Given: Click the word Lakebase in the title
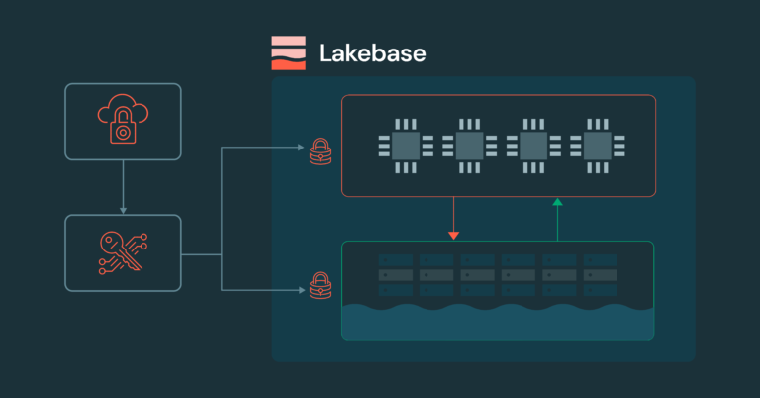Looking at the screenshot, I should point(372,52).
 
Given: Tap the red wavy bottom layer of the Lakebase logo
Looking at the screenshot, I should point(289,65).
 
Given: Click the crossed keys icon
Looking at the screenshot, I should point(123,252).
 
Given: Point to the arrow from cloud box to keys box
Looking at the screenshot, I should point(123,187).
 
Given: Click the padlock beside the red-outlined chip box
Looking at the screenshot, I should point(320,150).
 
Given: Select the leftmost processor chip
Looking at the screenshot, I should point(403,147).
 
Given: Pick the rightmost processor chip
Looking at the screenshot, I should point(596,147).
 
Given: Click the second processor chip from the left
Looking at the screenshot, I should point(467,147).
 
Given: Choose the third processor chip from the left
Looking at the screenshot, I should point(531,147).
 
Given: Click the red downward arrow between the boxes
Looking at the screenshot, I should point(453,220).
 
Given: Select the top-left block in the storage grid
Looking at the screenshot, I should point(395,259).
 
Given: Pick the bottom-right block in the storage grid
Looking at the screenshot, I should point(601,290).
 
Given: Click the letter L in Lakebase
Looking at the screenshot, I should point(326,52).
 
